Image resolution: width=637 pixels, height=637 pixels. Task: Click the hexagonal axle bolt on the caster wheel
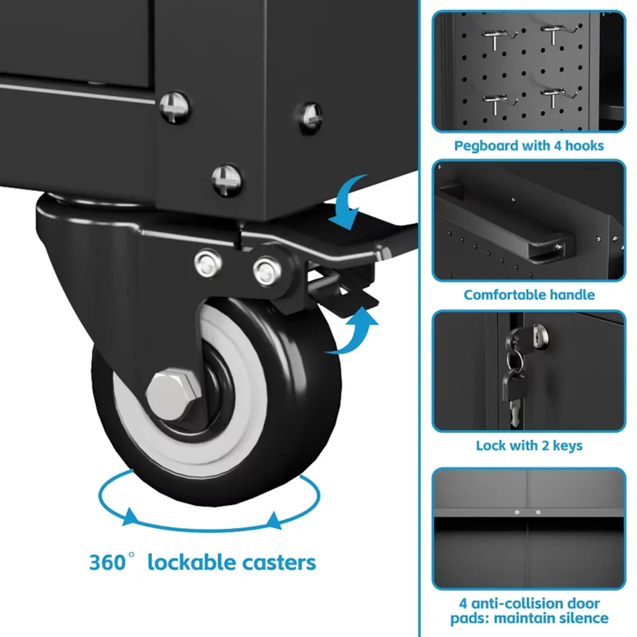click(x=174, y=394)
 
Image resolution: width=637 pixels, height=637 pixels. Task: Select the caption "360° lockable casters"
click(x=202, y=562)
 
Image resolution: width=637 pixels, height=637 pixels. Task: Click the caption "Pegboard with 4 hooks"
click(x=529, y=146)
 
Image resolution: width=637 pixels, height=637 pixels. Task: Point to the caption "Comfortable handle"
click(x=529, y=294)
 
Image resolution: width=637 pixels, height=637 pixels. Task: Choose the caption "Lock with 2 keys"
click(x=529, y=445)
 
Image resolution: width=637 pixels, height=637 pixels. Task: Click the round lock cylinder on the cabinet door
click(x=541, y=336)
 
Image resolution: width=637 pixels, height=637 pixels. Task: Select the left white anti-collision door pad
click(x=517, y=513)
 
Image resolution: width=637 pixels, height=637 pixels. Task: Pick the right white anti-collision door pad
click(x=538, y=513)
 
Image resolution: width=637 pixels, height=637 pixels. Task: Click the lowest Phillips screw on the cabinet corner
click(x=226, y=180)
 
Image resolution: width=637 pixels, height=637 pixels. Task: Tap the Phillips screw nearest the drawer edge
click(x=175, y=108)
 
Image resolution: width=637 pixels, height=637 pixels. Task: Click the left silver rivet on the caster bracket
click(x=208, y=263)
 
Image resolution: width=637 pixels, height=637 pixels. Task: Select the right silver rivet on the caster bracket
click(x=267, y=271)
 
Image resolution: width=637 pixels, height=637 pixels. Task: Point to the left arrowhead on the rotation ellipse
click(x=130, y=517)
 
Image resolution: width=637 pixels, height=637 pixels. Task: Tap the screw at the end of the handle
click(x=559, y=246)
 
